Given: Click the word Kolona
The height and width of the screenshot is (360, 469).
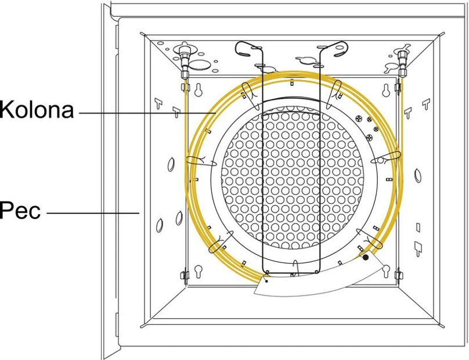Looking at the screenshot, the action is coord(37,110).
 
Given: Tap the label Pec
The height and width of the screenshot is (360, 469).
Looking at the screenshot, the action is coord(20,210).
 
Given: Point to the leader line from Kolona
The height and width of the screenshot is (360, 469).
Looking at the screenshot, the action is coord(147,113).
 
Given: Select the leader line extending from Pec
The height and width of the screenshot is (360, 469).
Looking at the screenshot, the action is coord(93,213).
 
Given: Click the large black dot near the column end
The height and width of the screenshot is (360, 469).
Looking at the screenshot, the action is coord(366,257).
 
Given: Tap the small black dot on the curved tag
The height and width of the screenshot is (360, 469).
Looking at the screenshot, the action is coord(266,281).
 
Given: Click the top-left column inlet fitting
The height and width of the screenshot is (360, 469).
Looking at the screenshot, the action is coord(184,60).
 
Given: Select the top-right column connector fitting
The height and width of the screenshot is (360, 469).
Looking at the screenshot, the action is coord(402,62).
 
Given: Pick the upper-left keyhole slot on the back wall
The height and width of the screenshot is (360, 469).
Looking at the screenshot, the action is coord(198,89).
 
